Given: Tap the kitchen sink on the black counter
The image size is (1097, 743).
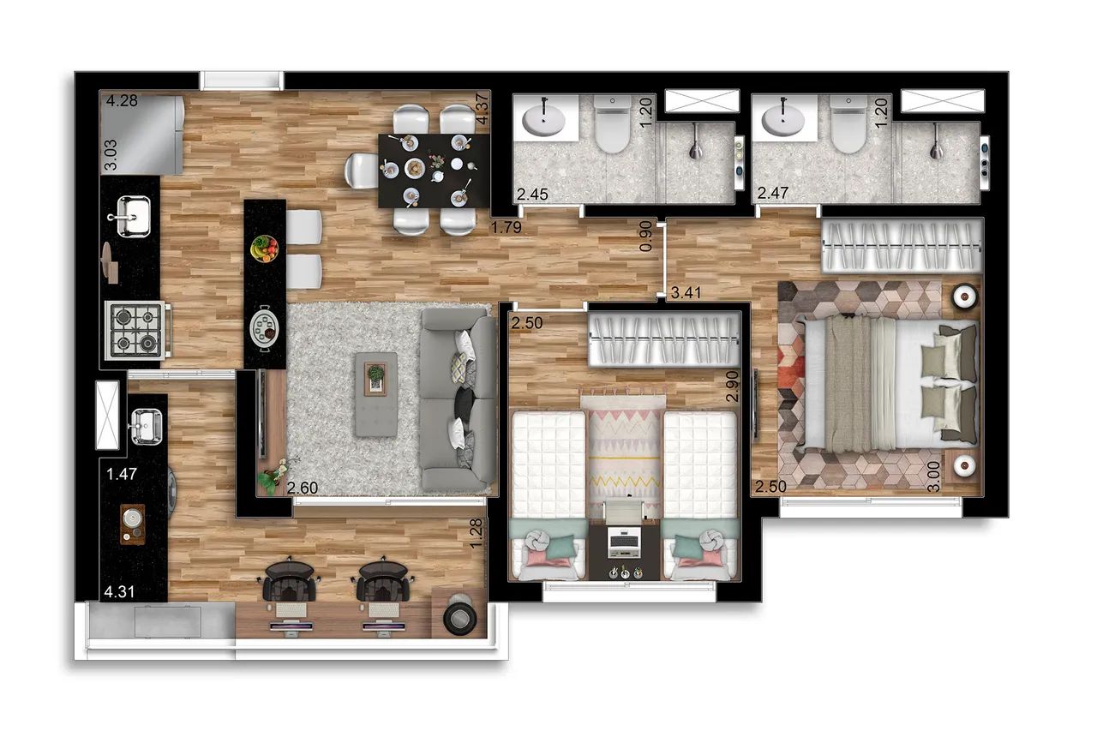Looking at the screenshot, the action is click(x=129, y=215).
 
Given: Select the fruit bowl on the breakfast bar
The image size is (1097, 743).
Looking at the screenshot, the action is click(x=265, y=249).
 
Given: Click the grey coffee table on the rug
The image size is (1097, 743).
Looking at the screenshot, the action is click(x=376, y=393).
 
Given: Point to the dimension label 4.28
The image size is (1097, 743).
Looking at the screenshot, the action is click(x=122, y=101).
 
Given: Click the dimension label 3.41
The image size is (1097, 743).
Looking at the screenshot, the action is click(x=686, y=293).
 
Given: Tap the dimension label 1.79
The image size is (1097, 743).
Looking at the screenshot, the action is click(x=507, y=227).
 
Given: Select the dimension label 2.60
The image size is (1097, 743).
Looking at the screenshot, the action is click(x=303, y=488).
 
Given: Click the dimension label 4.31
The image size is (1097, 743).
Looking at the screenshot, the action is click(x=119, y=591).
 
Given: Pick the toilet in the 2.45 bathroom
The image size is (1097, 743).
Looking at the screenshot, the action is click(x=612, y=124).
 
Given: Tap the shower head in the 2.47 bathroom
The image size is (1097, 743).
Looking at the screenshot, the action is click(x=937, y=142).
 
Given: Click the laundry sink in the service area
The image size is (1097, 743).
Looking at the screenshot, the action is click(x=146, y=427).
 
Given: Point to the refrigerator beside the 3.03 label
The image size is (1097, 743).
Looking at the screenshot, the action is click(x=142, y=135).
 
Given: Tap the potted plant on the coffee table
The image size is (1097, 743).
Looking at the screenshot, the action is click(x=375, y=376).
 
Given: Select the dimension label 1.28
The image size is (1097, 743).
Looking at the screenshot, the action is click(x=476, y=533).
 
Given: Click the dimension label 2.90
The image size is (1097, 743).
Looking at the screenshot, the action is click(x=732, y=386).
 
